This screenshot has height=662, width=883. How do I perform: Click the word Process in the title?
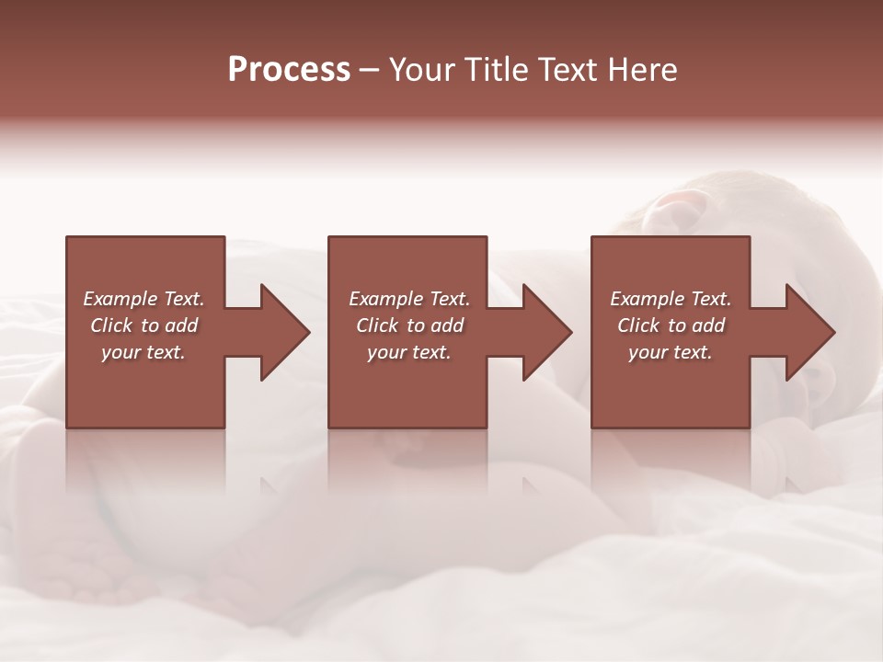289,70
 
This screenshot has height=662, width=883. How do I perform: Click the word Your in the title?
420,70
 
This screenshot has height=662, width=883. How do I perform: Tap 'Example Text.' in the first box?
143,299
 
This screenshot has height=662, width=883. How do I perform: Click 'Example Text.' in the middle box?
409,299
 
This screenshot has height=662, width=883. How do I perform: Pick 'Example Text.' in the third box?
671,299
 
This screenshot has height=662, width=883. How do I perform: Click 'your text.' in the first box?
143,352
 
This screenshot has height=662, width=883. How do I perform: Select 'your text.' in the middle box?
409,352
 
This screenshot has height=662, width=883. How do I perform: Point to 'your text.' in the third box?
671,352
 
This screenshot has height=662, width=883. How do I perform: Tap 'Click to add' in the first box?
143,325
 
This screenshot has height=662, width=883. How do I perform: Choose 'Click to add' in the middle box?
409,325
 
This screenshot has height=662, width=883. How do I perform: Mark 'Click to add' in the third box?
671,325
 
